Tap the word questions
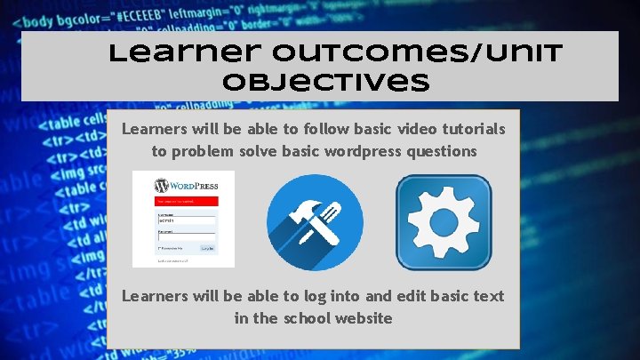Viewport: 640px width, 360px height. tap(442, 151)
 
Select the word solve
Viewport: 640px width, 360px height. tap(255, 151)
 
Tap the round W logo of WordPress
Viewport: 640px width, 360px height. tap(161, 187)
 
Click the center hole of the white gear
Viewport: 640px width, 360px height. tap(444, 222)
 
